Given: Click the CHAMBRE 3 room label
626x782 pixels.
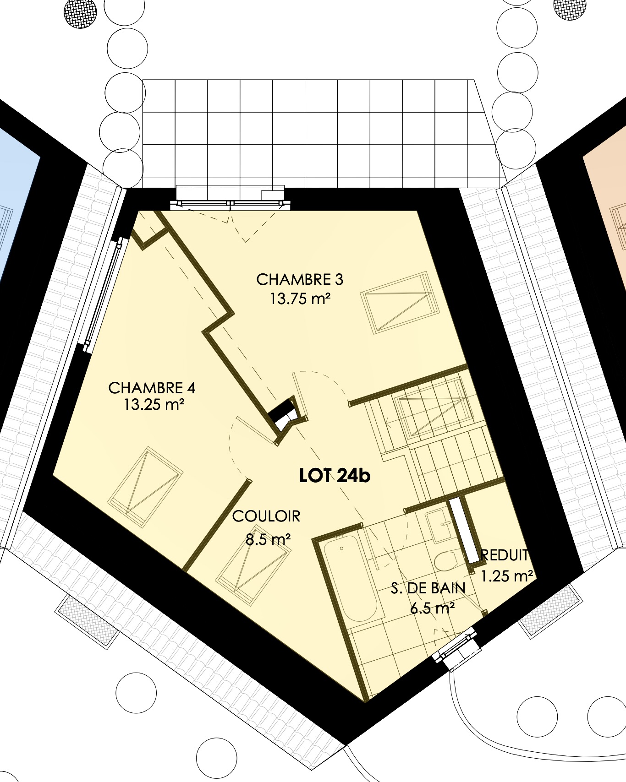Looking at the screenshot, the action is point(300,279).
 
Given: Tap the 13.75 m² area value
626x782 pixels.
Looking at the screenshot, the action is point(300,299).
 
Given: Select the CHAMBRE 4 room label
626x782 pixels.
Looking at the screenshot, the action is point(152,388).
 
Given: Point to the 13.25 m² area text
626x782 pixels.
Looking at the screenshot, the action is point(154,405).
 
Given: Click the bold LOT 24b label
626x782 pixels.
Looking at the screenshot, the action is point(335,476).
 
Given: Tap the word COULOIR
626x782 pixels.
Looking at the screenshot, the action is point(266,516).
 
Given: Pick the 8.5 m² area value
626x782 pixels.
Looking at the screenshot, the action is point(268,539).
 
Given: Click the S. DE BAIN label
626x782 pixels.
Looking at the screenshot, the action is point(428,588).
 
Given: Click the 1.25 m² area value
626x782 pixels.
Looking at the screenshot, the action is point(507,576).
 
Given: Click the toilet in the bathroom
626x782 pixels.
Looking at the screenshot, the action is point(444,561).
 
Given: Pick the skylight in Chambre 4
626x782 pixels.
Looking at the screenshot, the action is point(145,487).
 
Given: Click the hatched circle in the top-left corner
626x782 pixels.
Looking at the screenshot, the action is point(80,11).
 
